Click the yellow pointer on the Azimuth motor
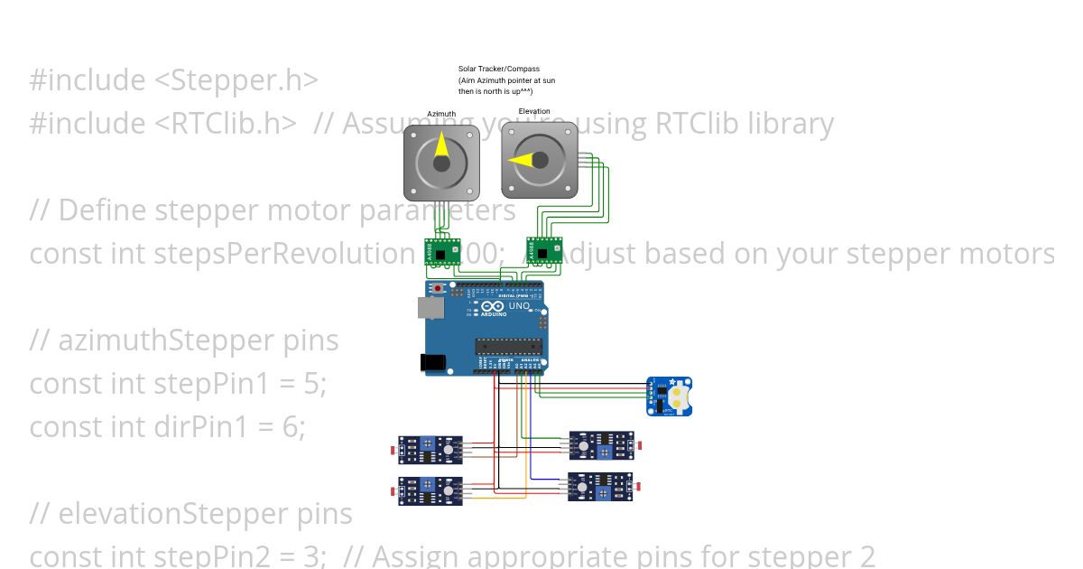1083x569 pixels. click(x=441, y=148)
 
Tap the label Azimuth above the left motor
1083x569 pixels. click(x=441, y=115)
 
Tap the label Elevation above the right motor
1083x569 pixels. click(x=534, y=112)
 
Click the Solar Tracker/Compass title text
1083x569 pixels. click(x=498, y=69)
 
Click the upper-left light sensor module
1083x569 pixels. click(x=431, y=448)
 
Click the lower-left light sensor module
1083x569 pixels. click(x=431, y=490)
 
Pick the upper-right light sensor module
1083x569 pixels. click(x=600, y=445)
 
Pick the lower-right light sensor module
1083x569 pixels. click(x=600, y=487)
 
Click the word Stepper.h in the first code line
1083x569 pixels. click(x=236, y=80)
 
